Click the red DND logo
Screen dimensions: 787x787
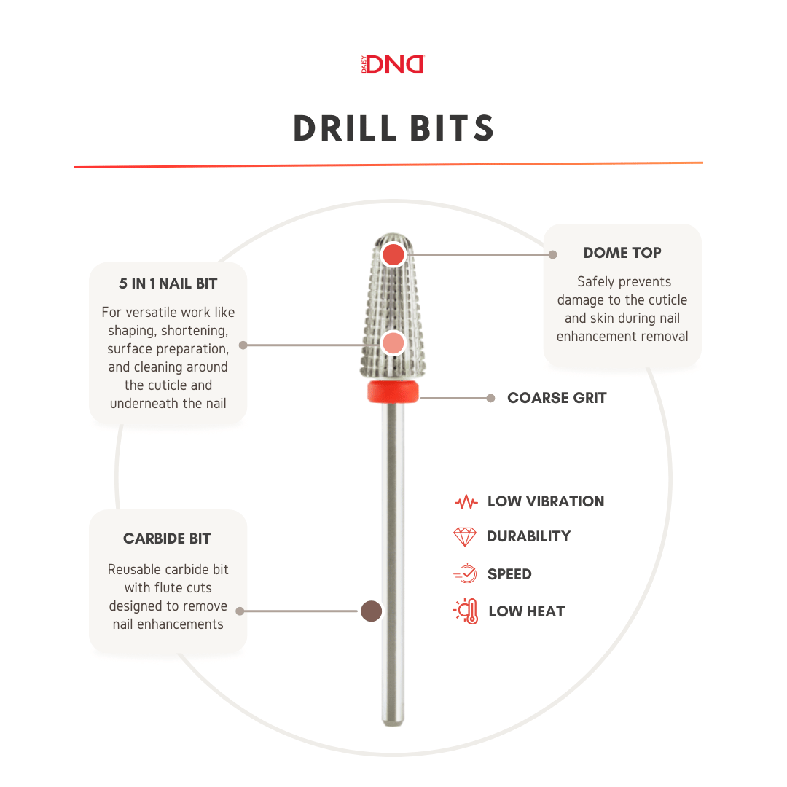(393, 64)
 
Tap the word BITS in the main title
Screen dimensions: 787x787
(453, 128)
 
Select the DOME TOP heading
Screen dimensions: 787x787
(622, 252)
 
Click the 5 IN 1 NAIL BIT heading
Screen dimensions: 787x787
(168, 283)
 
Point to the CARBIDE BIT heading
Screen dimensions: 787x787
(167, 539)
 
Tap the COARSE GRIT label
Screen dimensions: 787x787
(557, 398)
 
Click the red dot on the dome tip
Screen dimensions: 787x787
(393, 254)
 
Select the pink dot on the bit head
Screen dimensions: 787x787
(393, 343)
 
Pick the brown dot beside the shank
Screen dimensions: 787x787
(372, 611)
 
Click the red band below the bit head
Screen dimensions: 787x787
(393, 391)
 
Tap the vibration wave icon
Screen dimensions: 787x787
(466, 501)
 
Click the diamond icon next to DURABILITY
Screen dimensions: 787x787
(465, 536)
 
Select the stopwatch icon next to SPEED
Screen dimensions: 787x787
(466, 573)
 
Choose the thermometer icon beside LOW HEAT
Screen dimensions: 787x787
(467, 611)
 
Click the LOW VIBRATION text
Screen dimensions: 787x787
(546, 501)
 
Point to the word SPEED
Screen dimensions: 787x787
(509, 574)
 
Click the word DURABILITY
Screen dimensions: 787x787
(529, 536)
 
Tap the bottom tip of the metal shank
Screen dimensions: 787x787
(393, 725)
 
